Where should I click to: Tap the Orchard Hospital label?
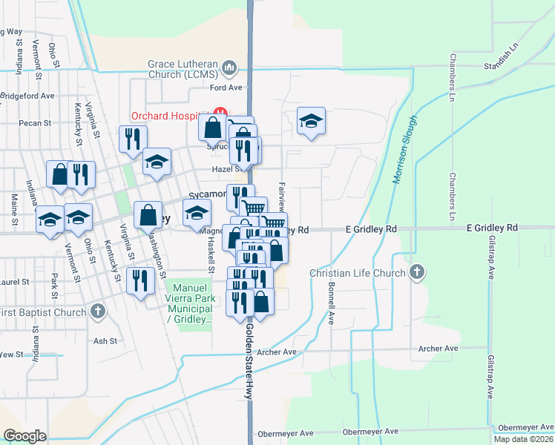[x=169, y=116]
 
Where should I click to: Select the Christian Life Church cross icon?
[x=418, y=272]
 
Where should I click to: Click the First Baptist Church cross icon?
[x=97, y=311]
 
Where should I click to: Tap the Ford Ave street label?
[x=226, y=88]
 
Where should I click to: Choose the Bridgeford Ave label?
[x=27, y=96]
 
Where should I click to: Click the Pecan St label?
[x=36, y=123]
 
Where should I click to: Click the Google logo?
[x=24, y=435]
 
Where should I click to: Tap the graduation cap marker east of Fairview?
[x=312, y=121]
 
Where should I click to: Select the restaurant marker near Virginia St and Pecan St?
[x=133, y=139]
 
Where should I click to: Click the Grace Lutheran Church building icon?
[x=229, y=69]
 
